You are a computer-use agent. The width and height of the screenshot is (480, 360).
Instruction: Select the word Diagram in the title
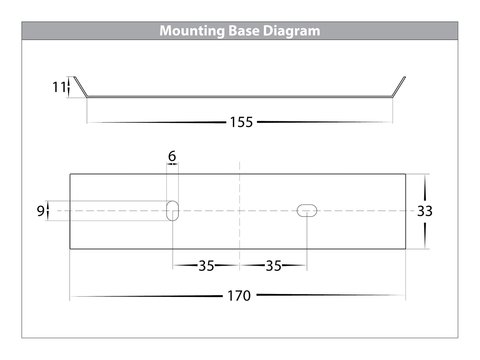click(x=291, y=31)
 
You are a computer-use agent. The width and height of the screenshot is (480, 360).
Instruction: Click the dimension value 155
click(x=241, y=123)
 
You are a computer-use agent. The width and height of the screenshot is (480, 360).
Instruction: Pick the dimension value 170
click(x=239, y=296)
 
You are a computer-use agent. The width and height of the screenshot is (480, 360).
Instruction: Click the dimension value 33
click(x=425, y=211)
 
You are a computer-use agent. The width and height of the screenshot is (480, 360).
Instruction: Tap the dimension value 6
click(x=172, y=156)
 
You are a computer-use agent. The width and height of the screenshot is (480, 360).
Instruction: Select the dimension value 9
click(x=41, y=211)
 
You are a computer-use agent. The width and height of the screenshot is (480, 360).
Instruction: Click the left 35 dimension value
click(x=206, y=266)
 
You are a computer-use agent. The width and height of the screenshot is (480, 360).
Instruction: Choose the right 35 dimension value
click(x=273, y=266)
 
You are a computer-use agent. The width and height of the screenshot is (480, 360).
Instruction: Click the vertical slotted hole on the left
click(x=172, y=211)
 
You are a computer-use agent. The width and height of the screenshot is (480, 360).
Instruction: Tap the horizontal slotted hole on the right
click(x=307, y=211)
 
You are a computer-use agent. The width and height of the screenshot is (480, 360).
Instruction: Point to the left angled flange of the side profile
click(x=81, y=87)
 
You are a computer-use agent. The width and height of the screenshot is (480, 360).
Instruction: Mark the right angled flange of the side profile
click(x=399, y=87)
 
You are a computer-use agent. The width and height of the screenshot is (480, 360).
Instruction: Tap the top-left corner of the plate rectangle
click(x=70, y=174)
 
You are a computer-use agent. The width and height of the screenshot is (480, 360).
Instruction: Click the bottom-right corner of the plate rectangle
click(x=406, y=248)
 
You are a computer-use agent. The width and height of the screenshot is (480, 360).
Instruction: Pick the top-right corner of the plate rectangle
click(x=406, y=174)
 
